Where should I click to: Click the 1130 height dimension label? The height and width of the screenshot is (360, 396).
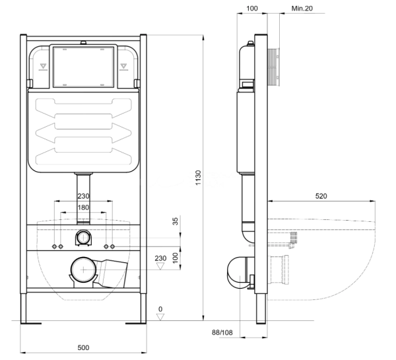198,178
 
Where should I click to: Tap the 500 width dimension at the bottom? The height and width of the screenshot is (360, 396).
83,347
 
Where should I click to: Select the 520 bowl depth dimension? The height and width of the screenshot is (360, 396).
321,196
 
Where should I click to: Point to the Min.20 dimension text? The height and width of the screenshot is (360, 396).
302,9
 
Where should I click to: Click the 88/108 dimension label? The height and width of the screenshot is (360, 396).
222,332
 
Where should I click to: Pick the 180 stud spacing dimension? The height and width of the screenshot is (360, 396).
83,207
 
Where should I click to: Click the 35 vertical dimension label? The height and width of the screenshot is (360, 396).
176,221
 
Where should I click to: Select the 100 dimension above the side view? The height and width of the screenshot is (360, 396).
252,9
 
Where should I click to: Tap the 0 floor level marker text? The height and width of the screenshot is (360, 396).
160,309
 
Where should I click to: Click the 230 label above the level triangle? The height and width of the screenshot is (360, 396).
160,258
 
